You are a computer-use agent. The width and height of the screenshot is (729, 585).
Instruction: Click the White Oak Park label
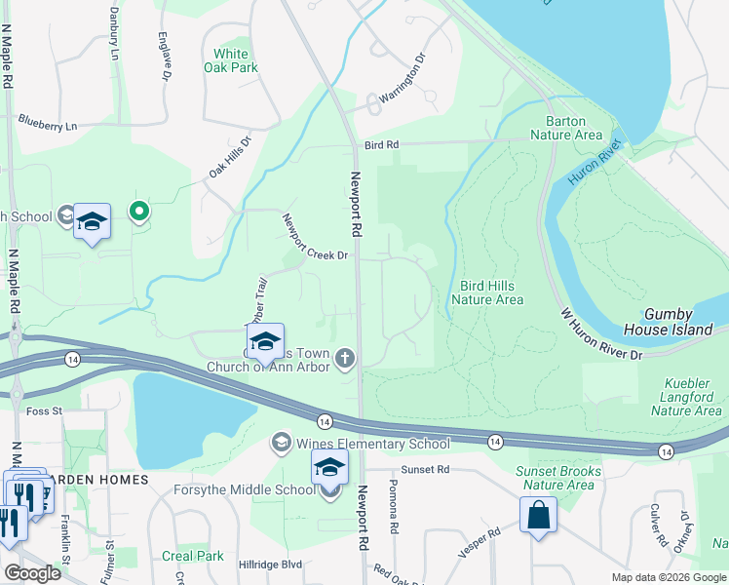pyautogui.click(x=231, y=60)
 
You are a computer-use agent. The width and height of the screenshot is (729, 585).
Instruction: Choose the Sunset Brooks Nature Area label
pyautogui.click(x=556, y=478)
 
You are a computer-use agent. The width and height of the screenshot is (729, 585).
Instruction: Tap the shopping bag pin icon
pyautogui.click(x=538, y=514)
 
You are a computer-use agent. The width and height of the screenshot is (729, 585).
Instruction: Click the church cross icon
pyautogui.click(x=344, y=360)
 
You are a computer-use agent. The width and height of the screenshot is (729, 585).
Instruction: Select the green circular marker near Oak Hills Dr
pyautogui.click(x=139, y=211)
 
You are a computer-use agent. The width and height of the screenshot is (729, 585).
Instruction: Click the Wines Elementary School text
pyautogui.click(x=372, y=445)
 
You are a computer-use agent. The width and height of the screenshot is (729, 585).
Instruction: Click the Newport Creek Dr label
pyautogui.click(x=315, y=237)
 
